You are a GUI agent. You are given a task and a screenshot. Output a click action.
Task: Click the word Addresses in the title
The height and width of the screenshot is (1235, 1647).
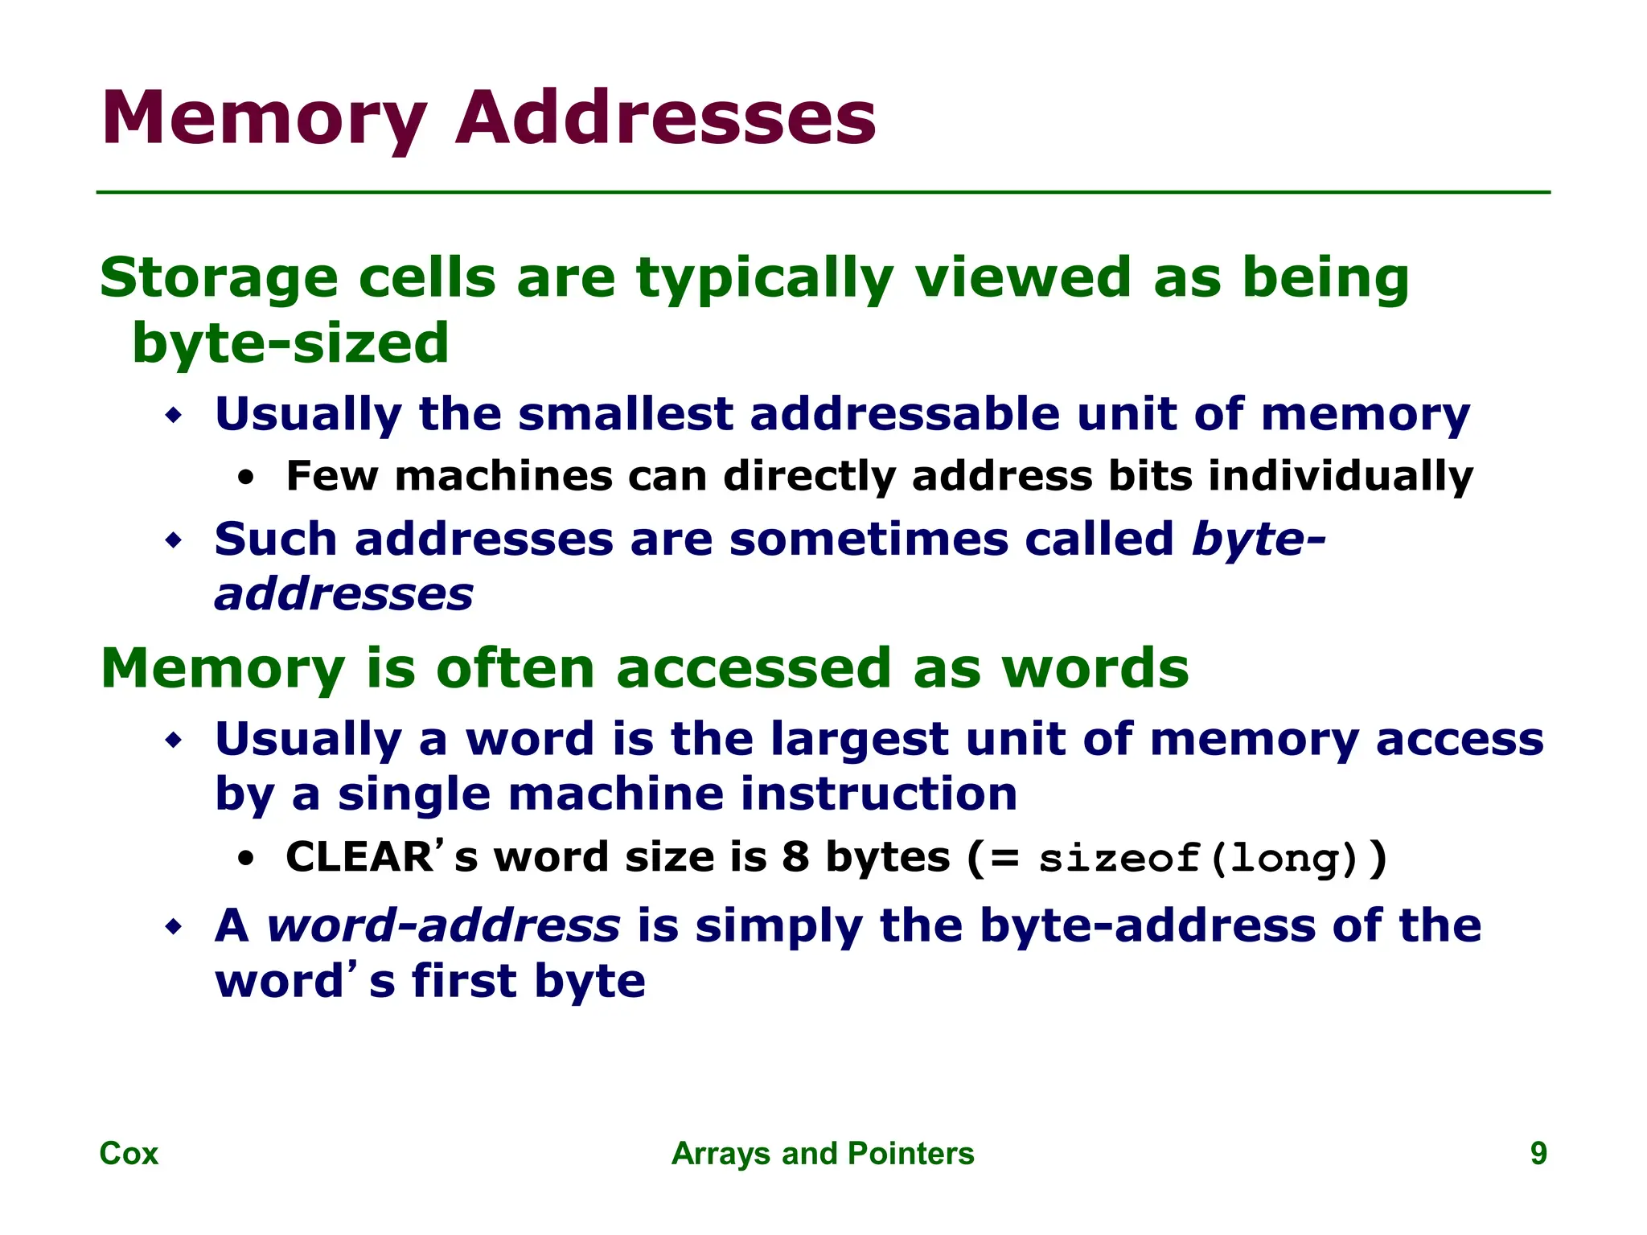click(666, 119)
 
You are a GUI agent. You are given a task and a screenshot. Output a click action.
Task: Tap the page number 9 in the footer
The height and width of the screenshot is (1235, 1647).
click(1538, 1153)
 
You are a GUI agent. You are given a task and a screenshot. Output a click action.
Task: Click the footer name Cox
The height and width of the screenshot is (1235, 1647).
click(129, 1153)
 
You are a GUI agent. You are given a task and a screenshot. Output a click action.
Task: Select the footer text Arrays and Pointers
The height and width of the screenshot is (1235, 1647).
click(823, 1153)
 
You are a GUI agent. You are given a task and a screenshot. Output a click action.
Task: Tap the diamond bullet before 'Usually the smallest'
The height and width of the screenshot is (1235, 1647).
click(174, 416)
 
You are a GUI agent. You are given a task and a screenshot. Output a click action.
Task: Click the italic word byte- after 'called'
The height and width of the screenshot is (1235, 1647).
click(1259, 538)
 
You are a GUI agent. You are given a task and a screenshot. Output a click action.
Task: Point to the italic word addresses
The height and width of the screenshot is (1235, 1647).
click(344, 594)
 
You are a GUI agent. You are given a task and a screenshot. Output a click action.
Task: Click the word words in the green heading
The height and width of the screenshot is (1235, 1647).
click(1095, 668)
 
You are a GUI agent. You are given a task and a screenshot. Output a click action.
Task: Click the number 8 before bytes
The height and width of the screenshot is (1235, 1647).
click(795, 856)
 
